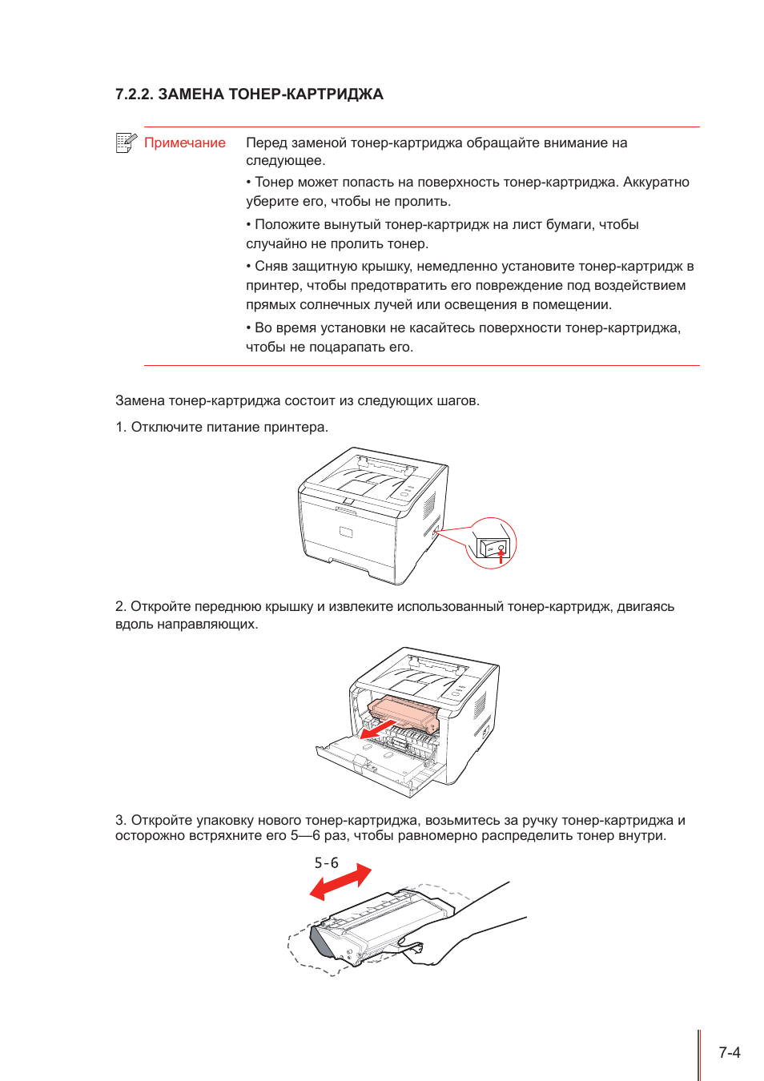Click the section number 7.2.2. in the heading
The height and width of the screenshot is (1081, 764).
[x=134, y=94]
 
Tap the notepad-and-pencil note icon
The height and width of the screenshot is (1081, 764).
[x=126, y=143]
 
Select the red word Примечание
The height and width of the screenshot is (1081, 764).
[x=185, y=143]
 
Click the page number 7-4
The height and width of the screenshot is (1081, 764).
[x=729, y=1052]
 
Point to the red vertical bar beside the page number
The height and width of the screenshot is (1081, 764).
[x=698, y=1055]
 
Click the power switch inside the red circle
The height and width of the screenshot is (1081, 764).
[x=493, y=548]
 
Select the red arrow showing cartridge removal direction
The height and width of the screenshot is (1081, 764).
[x=376, y=729]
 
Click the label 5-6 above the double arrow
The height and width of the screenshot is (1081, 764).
[x=326, y=863]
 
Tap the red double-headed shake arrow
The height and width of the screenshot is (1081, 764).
[x=340, y=882]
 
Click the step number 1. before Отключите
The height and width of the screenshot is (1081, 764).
[x=121, y=428]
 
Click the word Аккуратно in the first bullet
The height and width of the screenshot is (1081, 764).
[x=656, y=183]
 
